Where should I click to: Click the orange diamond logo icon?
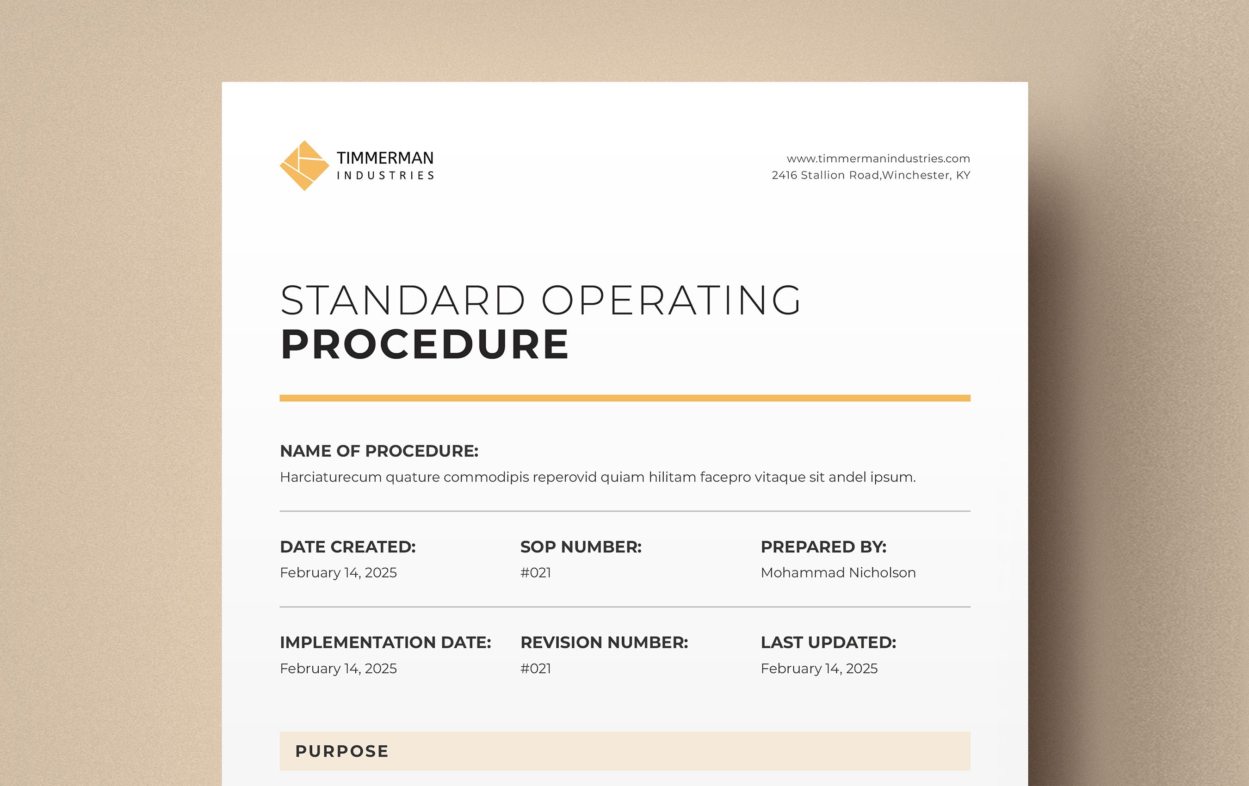click(304, 166)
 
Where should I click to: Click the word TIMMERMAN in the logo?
click(385, 158)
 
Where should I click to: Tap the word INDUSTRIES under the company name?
click(385, 176)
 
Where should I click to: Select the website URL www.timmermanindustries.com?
click(878, 159)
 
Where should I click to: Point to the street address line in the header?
click(871, 175)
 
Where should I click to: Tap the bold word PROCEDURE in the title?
click(424, 344)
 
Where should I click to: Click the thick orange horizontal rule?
click(625, 398)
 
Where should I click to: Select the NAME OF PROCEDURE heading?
click(379, 451)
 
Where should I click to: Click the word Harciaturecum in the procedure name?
click(331, 477)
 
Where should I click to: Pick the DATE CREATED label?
click(348, 547)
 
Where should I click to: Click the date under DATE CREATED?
click(338, 572)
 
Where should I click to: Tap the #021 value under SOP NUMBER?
click(536, 572)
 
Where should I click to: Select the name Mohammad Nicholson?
click(838, 572)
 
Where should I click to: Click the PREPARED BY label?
click(824, 547)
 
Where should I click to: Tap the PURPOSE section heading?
click(342, 751)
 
